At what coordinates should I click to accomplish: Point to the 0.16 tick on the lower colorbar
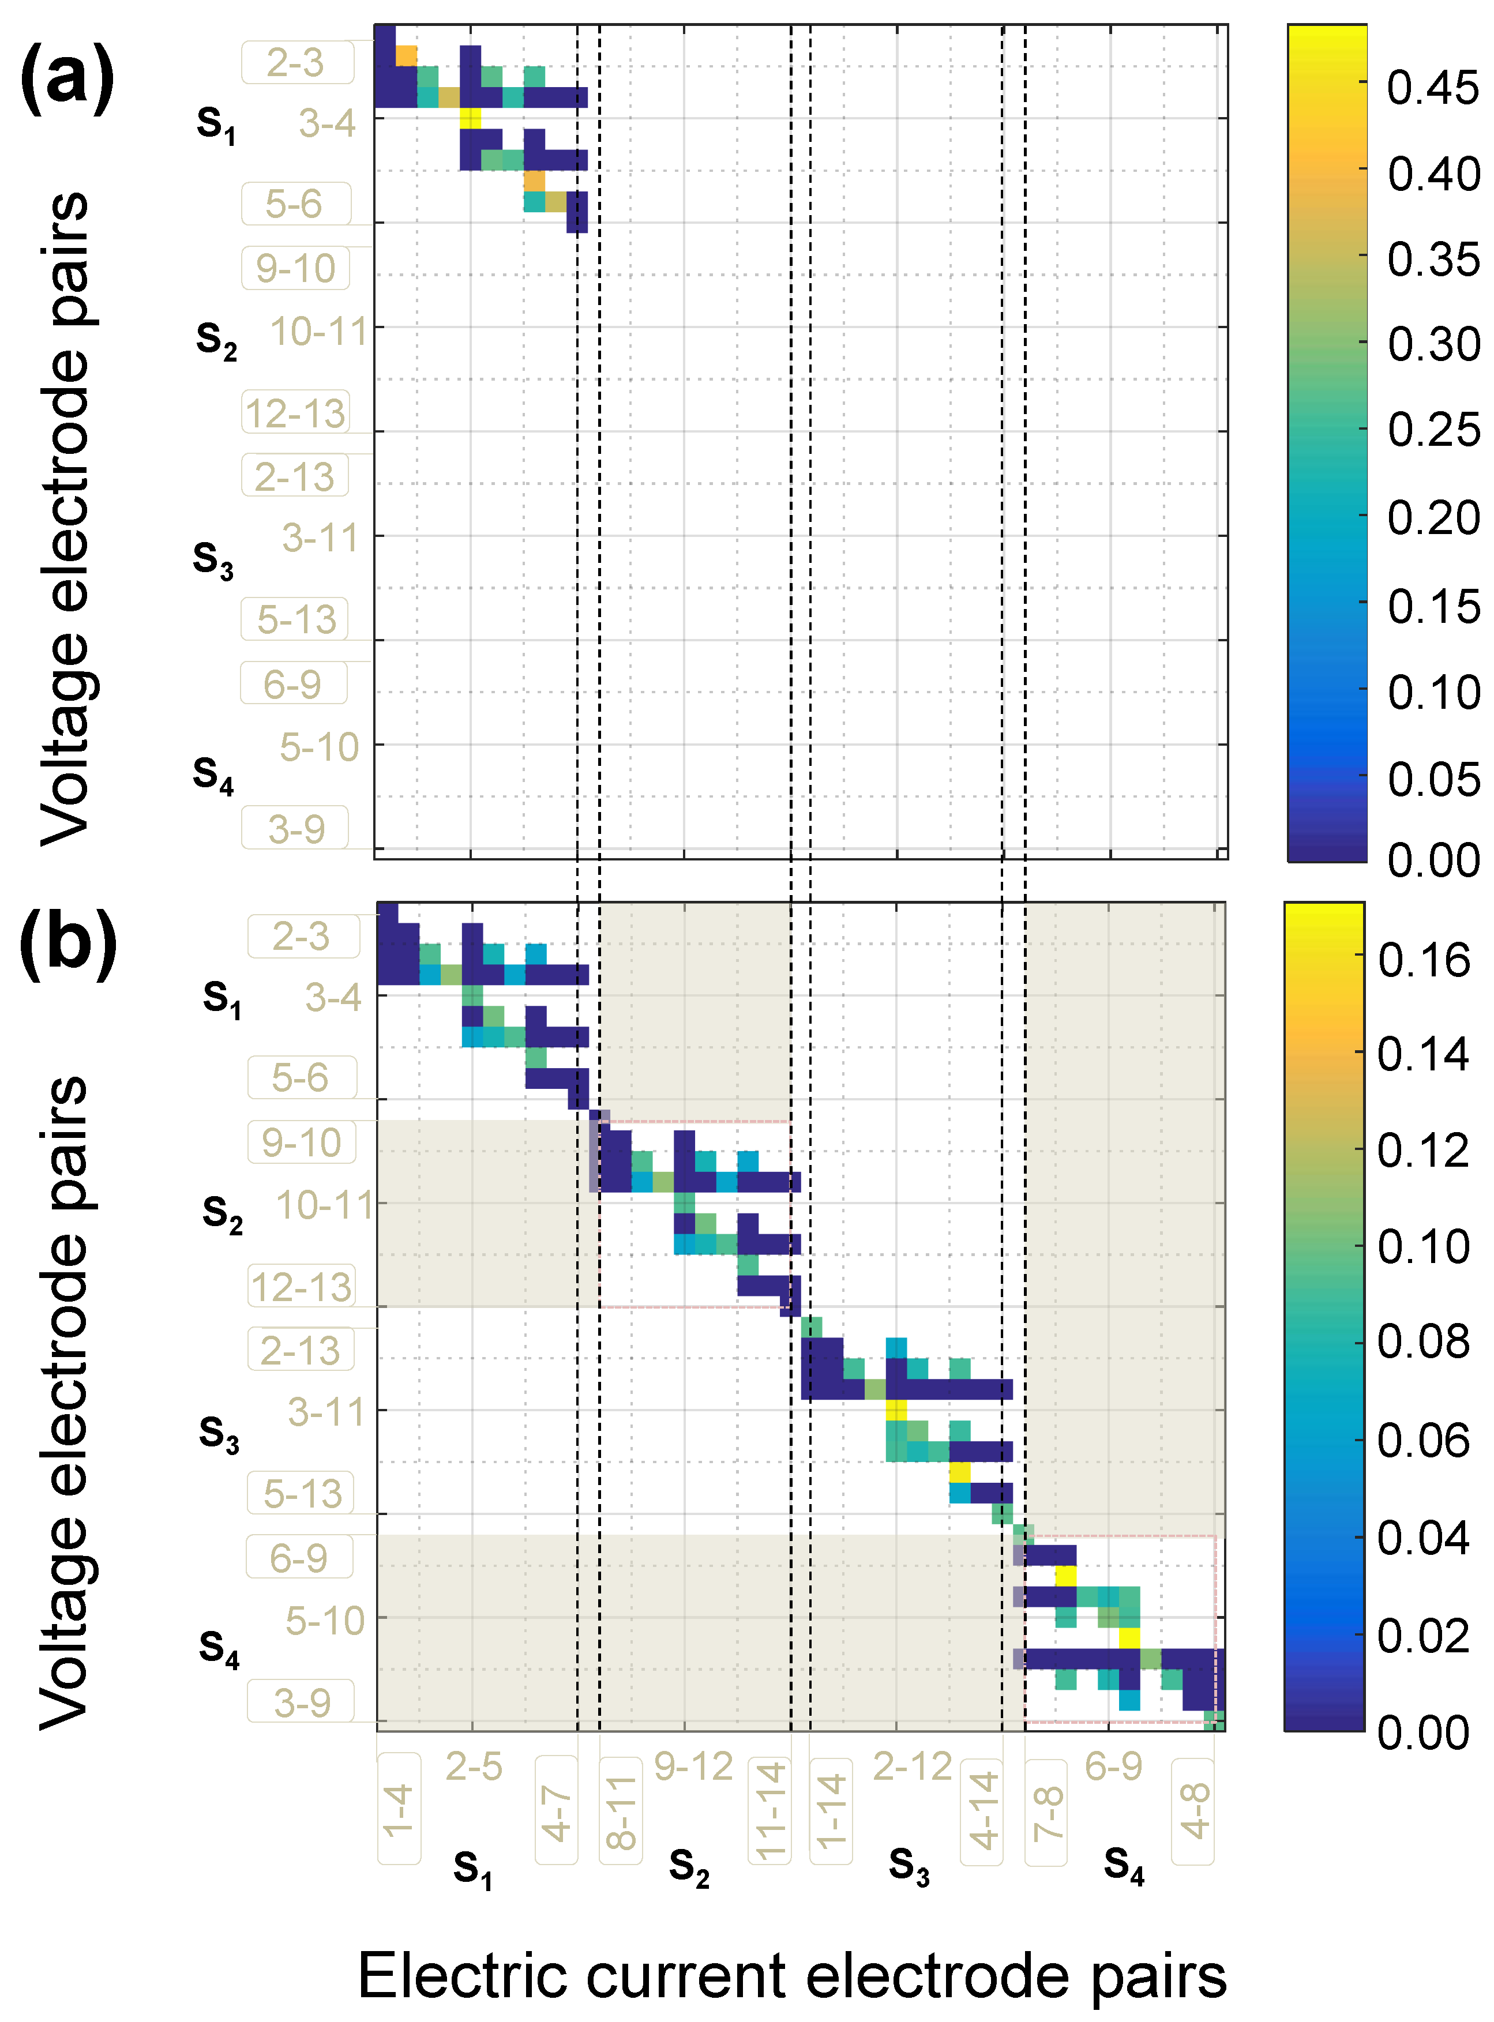1424,960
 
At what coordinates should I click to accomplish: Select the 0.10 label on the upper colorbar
1433,693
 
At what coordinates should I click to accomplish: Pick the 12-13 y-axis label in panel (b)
301,1287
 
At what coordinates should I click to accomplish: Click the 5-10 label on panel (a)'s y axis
319,747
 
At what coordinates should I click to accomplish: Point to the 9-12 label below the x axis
693,1766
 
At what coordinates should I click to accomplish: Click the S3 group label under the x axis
909,1865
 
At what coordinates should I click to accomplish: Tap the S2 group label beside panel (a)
216,338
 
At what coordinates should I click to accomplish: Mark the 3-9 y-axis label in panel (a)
296,828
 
